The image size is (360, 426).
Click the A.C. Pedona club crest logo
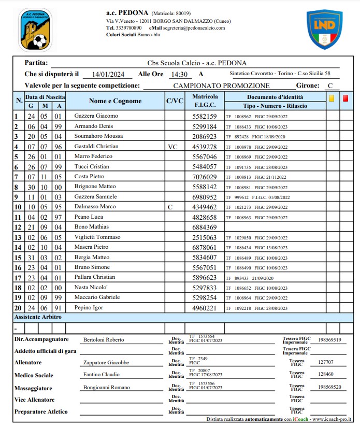click(x=35, y=30)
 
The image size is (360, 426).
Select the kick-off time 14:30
click(x=179, y=74)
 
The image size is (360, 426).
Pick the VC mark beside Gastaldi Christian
click(x=173, y=147)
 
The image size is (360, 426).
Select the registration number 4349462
click(x=205, y=207)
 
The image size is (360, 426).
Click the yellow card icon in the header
click(x=332, y=97)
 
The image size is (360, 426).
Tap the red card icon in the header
click(x=345, y=97)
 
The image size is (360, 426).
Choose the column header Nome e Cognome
click(x=115, y=101)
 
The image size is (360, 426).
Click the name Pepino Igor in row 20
click(x=89, y=307)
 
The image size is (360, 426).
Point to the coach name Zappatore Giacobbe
click(x=106, y=362)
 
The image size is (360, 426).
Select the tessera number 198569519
click(x=330, y=340)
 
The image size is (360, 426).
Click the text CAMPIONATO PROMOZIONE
click(x=221, y=86)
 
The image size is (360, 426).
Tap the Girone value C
click(x=330, y=86)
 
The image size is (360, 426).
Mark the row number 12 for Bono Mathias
click(x=18, y=227)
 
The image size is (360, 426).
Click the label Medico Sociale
click(x=34, y=375)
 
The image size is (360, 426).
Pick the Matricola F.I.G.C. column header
click(x=205, y=101)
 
